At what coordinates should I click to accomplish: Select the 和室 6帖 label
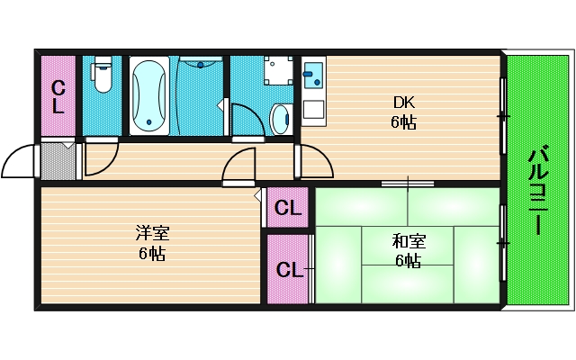pyautogui.click(x=408, y=250)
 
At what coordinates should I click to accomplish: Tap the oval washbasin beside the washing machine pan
pyautogui.click(x=281, y=115)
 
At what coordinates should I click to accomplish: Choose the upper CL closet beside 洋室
pyautogui.click(x=287, y=209)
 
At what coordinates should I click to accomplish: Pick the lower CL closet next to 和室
pyautogui.click(x=287, y=269)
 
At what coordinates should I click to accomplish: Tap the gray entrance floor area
pyautogui.click(x=58, y=160)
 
